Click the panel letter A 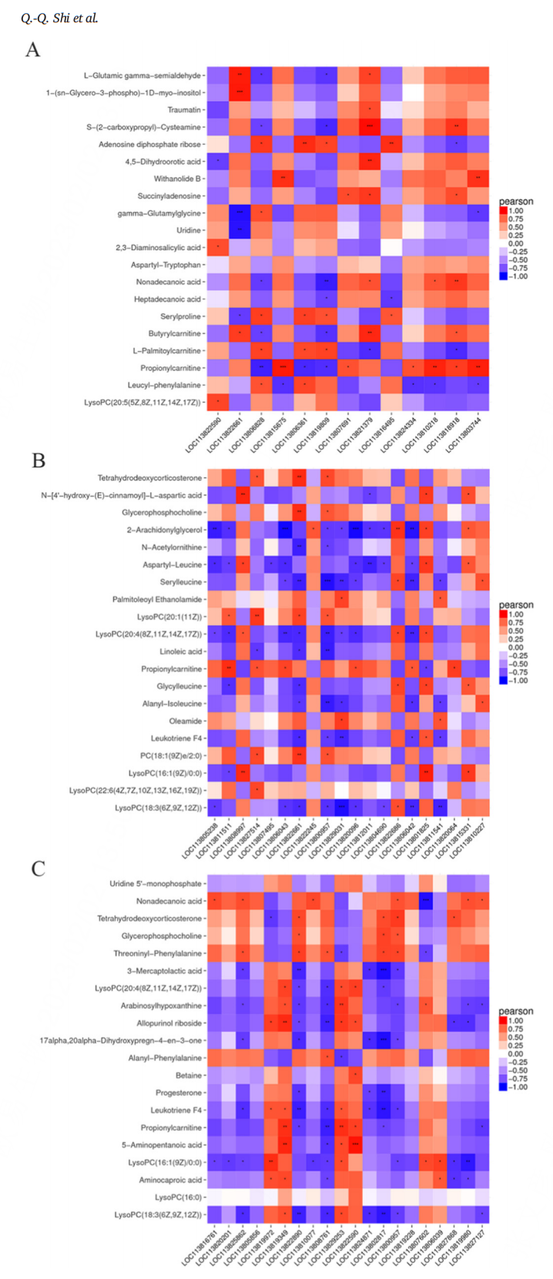[32, 50]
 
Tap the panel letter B [38, 460]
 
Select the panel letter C [38, 869]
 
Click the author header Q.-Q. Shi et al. [59, 18]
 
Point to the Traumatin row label [184, 110]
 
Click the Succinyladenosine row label [169, 196]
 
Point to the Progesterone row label [179, 1093]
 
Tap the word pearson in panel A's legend [515, 202]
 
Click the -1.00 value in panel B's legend [517, 680]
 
